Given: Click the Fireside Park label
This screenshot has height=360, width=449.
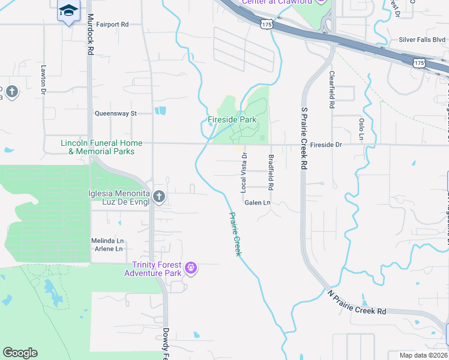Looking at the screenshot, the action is coord(232,120).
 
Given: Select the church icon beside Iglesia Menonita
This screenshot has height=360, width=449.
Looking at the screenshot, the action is coord(158,196).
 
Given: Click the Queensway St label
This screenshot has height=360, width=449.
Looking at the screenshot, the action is coord(116,113).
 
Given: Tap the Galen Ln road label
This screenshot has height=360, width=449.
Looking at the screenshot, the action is coord(258,203).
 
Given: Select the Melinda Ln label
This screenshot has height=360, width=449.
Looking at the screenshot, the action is coord(107,241).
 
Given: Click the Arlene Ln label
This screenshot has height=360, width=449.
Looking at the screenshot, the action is coord(107,249).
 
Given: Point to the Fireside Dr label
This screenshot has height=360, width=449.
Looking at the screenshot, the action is coord(327,145).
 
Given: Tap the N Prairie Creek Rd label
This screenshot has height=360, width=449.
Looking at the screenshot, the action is coord(357,304).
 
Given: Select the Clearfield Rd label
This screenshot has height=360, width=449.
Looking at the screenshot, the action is coord(331,90).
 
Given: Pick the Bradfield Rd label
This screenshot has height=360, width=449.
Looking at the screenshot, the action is coord(271,172).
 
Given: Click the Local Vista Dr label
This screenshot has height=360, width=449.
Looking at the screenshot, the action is coord(244,172).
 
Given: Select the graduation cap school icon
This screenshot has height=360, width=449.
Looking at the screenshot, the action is coord(68,10).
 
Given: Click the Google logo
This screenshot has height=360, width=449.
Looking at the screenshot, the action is coord(20,353).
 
